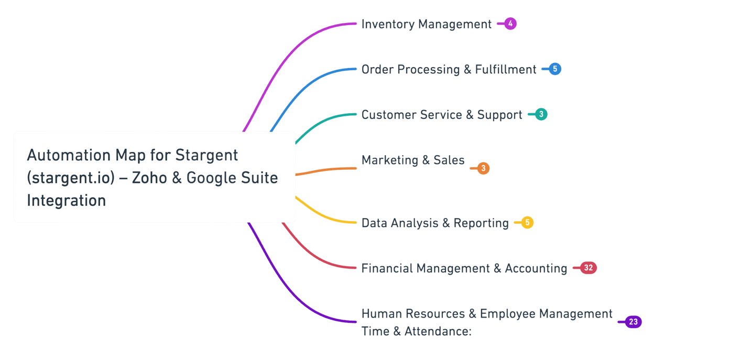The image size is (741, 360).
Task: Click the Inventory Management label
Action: click(426, 24)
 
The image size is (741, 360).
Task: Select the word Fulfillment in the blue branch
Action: click(506, 69)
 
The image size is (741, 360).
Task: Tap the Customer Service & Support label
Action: click(442, 115)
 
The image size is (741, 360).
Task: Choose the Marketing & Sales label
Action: click(413, 160)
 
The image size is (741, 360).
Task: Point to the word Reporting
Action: click(481, 223)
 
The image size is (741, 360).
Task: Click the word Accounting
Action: click(536, 268)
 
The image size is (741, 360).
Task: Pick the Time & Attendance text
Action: click(417, 332)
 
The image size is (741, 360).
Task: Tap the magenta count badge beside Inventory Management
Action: click(510, 24)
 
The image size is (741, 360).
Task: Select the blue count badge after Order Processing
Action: click(555, 69)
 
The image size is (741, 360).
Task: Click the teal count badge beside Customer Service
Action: click(541, 114)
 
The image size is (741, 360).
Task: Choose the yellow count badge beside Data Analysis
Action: click(527, 223)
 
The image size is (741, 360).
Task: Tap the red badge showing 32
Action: click(588, 268)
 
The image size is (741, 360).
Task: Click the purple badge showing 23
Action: click(633, 322)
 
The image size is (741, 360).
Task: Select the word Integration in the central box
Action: click(66, 200)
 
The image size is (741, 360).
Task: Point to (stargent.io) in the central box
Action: click(70, 178)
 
